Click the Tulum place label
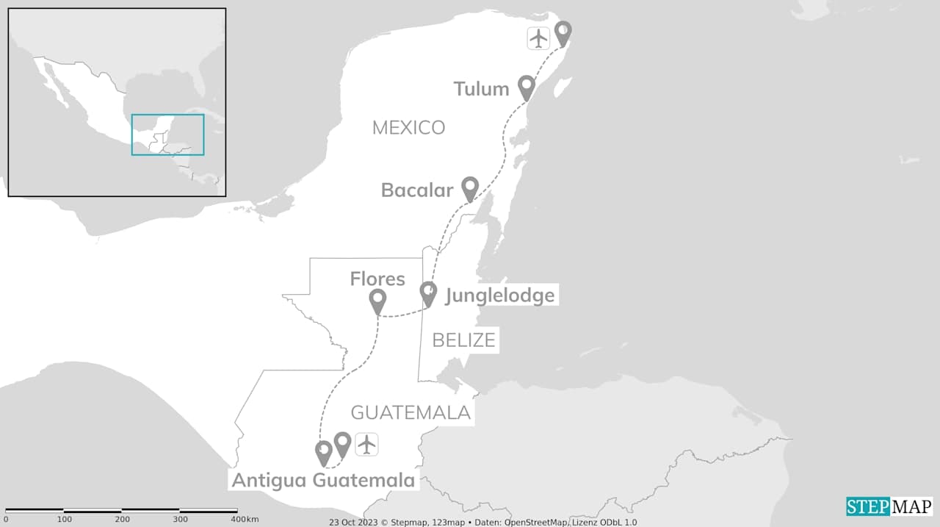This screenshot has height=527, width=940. tap(481, 89)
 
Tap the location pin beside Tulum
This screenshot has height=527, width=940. tap(526, 87)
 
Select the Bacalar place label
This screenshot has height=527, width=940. tap(416, 190)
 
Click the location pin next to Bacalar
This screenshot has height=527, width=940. tap(470, 188)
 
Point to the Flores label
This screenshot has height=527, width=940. tap(377, 279)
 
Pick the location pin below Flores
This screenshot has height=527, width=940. tap(377, 301)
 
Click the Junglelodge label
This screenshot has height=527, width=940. tap(499, 295)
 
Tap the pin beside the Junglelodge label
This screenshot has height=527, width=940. tap(428, 293)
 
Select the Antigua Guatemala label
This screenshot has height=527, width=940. tap(324, 481)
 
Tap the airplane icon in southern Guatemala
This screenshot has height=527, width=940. tap(366, 444)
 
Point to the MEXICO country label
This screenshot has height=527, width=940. tap(408, 128)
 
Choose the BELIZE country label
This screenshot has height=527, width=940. tap(463, 340)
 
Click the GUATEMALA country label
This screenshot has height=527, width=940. tap(411, 412)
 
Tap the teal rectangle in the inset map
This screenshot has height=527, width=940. tap(167, 135)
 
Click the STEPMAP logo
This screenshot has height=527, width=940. tap(889, 506)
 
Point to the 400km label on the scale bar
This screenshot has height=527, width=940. tap(245, 520)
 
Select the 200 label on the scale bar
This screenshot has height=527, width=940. tap(122, 520)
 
